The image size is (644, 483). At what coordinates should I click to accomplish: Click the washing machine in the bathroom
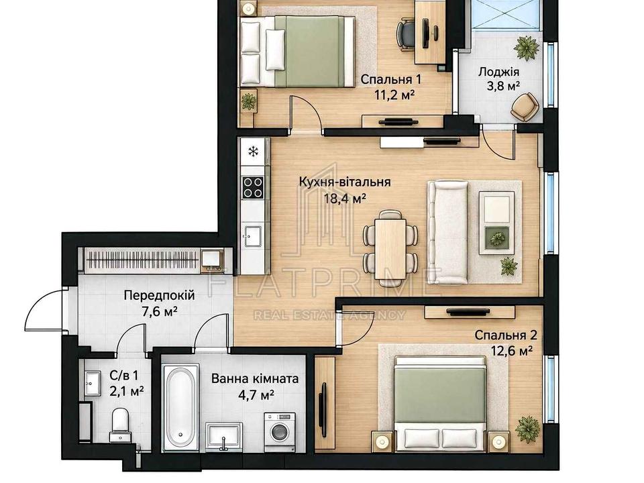point(280,431)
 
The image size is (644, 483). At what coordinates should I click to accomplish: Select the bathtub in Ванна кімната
point(180,407)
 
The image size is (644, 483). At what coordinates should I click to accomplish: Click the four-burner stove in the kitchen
point(253,187)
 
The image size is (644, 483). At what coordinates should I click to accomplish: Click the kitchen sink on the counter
point(252,237)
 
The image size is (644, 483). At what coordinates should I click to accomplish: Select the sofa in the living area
point(447,232)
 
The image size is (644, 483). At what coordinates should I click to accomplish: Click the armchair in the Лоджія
point(525,107)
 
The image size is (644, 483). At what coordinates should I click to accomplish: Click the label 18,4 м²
point(344,199)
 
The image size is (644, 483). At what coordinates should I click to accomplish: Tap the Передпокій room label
point(159,295)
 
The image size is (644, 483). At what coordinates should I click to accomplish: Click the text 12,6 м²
point(512,350)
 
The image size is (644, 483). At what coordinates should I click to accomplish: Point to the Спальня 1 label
point(391,79)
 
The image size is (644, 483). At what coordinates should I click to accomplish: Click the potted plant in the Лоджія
point(527,48)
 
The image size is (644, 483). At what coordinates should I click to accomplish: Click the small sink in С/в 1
point(93,384)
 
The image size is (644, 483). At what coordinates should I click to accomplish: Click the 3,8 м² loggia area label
point(498,86)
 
